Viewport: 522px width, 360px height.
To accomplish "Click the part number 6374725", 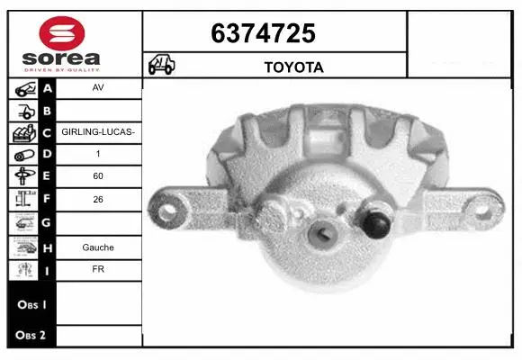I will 263,33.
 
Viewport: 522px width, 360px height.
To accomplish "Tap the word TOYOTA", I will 293,67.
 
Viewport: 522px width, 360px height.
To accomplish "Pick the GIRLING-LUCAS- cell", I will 98,132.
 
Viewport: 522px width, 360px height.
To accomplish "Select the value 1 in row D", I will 98,153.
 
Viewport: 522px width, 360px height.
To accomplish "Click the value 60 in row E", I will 98,177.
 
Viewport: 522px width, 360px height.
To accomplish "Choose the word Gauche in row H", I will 98,247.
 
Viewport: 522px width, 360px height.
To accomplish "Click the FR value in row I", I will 98,268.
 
